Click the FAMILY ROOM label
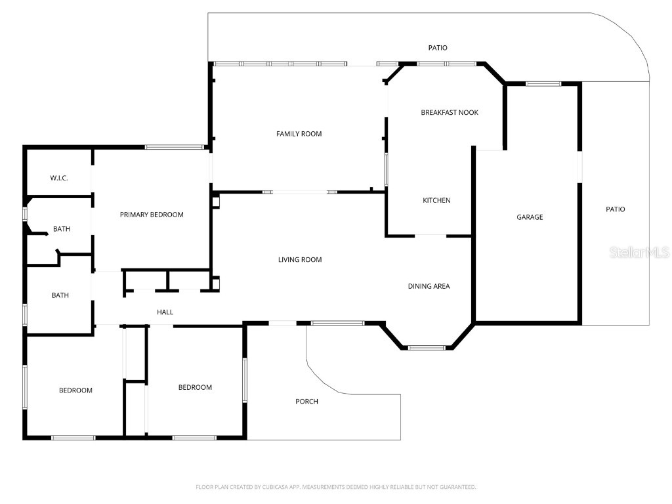299,134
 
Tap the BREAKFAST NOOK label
449,113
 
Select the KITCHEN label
436,200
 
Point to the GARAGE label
530,217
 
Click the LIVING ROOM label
300,260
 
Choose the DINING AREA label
429,286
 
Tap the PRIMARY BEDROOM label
152,215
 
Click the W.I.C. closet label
59,178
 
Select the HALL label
165,312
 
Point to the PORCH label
306,401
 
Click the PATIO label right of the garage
615,209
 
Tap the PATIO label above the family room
438,48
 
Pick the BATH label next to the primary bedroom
62,229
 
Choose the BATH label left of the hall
60,295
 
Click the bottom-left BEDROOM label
75,390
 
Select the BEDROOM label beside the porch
195,387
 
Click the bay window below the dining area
427,347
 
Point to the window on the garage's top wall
543,84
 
